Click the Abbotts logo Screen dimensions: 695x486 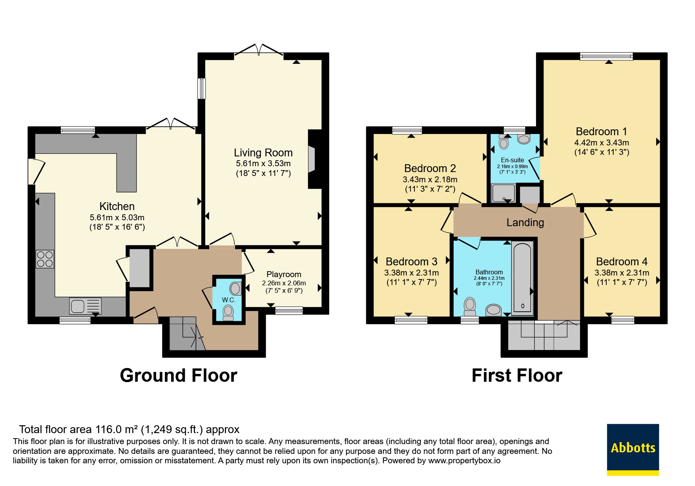coord(633,450)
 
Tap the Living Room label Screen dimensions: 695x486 coord(263,152)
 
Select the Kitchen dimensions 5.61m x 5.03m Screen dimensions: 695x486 coord(117,218)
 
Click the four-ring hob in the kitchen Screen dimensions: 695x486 coord(45,259)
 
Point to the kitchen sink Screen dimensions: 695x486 coord(85,306)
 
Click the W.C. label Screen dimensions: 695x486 coord(228,300)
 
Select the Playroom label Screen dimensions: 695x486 coord(284,274)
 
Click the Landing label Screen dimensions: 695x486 coord(525,223)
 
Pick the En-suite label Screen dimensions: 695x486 coord(512,160)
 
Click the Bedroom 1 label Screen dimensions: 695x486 coord(601,131)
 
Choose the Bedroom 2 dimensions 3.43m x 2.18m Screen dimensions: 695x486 coord(430,180)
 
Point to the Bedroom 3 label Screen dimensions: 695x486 coord(412,261)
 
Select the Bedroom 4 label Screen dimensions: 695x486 coord(622,261)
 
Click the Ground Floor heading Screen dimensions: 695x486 coord(179,375)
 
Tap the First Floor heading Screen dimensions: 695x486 coord(517,375)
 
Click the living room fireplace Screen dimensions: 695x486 coord(312,159)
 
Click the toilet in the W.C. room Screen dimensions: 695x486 coord(228,313)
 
